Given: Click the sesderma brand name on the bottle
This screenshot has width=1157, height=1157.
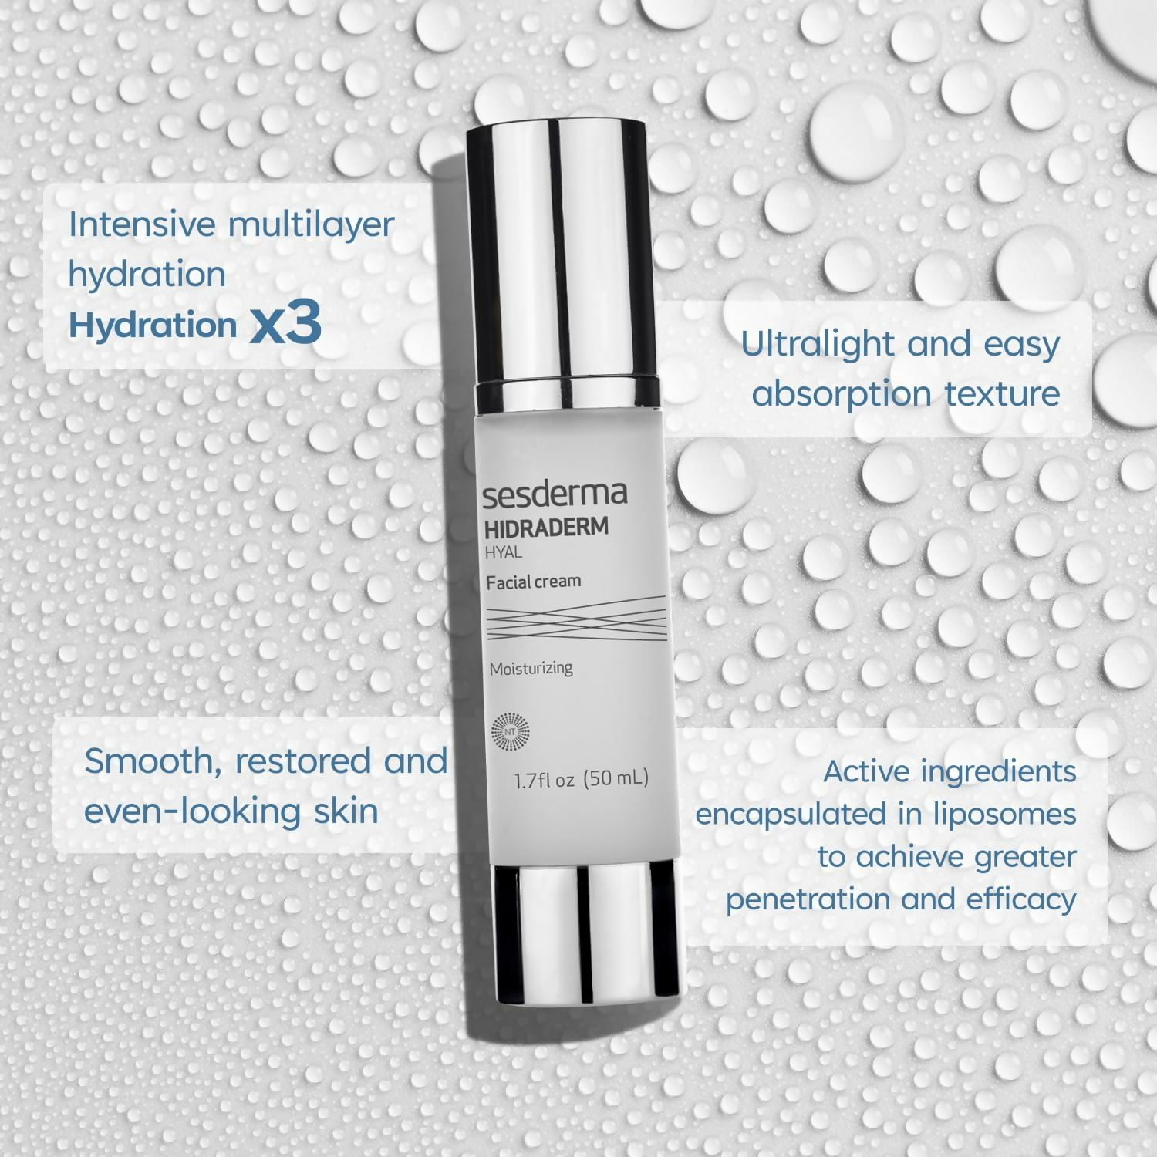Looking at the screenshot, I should (555, 494).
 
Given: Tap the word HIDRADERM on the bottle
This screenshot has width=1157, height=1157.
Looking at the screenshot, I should (546, 528).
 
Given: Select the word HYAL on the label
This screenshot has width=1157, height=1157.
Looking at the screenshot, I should (503, 552).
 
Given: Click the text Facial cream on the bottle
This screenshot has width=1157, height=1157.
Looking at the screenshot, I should (533, 582).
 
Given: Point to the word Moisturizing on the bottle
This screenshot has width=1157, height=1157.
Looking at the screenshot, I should (531, 668).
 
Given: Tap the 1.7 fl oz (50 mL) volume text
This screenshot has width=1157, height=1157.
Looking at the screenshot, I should (581, 779).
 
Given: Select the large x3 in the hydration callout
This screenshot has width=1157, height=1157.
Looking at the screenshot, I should (285, 323).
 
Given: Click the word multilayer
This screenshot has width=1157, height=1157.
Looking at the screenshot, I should (311, 224).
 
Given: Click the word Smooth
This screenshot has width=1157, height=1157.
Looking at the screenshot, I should (147, 761).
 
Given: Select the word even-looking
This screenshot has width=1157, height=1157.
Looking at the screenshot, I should (192, 811).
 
